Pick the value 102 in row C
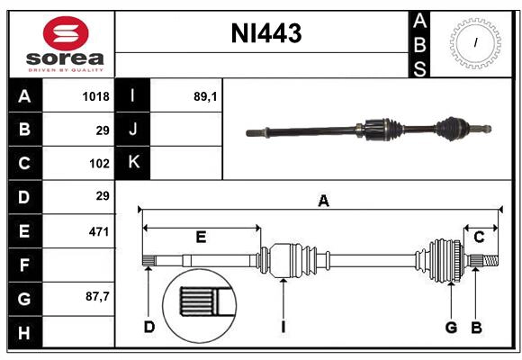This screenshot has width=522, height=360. click(x=99, y=164)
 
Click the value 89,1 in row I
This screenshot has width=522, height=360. click(x=205, y=96)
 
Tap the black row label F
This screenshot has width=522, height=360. click(x=24, y=265)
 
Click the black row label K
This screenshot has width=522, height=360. click(x=133, y=163)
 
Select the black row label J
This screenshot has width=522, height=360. click(x=133, y=130)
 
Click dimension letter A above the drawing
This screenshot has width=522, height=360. click(x=323, y=202)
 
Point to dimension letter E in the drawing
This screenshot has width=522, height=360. click(x=201, y=238)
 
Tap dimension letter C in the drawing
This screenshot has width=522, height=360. click(x=479, y=238)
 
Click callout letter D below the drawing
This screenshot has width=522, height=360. click(x=149, y=327)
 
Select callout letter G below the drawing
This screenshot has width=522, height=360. click(x=451, y=327)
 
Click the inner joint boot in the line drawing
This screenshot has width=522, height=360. click(x=291, y=260)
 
